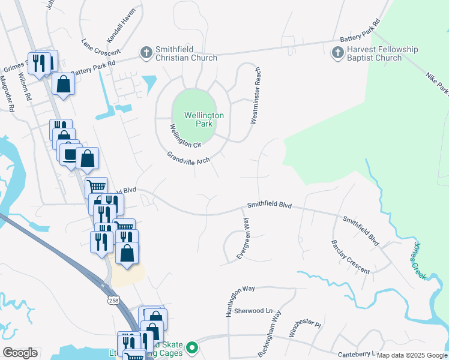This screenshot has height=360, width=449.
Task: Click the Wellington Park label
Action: [x=196, y=119]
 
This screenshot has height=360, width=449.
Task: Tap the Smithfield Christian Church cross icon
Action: [x=146, y=53]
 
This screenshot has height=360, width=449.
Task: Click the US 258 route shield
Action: [x=115, y=298]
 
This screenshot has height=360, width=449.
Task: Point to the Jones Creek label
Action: [x=419, y=260]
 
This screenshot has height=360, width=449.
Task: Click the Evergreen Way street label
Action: [x=243, y=238]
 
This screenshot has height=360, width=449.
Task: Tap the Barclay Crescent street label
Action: [x=350, y=257]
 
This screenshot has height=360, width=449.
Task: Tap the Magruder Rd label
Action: [x=7, y=94]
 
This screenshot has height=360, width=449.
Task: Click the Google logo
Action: [x=20, y=353]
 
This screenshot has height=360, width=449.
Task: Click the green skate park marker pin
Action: [x=192, y=347]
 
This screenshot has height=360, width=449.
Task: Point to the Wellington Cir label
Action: [x=184, y=136]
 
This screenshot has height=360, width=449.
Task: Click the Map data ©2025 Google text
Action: [x=412, y=355]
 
